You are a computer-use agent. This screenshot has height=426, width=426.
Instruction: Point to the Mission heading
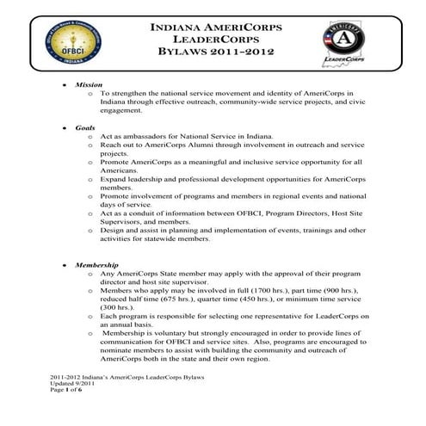[88, 86]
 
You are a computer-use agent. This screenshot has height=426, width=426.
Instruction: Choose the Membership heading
[96, 265]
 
